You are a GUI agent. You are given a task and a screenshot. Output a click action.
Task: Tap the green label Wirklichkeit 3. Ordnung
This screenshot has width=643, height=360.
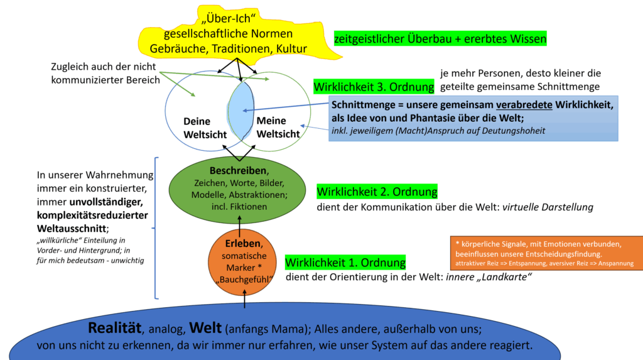(x=374, y=86)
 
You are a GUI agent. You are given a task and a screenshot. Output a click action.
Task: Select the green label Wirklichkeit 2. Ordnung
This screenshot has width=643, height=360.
(x=377, y=192)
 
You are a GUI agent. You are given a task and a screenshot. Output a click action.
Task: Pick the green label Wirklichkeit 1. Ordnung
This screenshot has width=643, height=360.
(x=345, y=262)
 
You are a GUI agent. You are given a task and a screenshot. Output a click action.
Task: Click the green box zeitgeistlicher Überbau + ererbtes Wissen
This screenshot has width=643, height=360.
(x=440, y=39)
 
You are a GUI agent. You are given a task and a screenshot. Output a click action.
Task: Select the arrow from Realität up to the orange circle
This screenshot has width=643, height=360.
(x=245, y=301)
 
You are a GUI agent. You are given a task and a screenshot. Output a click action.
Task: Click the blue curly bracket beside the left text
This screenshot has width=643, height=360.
(x=156, y=227)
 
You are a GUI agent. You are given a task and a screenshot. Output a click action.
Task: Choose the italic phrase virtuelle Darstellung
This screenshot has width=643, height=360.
(x=548, y=207)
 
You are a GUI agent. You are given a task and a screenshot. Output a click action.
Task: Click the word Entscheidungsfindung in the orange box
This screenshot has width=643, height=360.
(x=568, y=254)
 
